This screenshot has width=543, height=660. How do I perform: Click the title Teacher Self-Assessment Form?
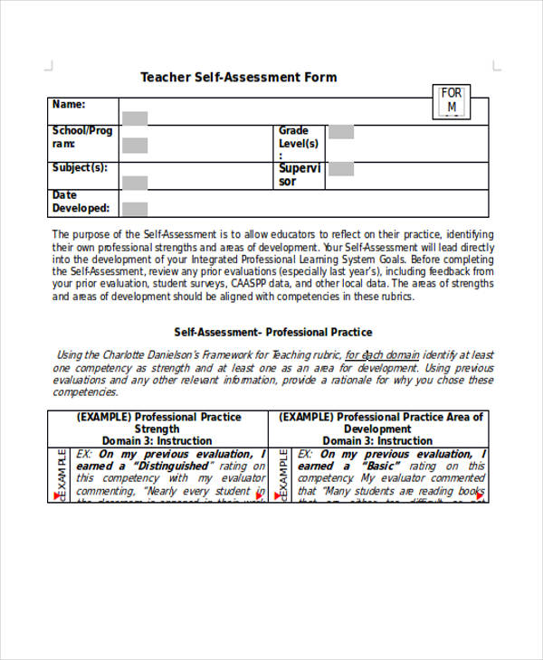click(x=238, y=78)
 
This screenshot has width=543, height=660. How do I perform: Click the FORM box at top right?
click(x=451, y=101)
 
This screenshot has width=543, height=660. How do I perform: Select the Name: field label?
click(x=69, y=105)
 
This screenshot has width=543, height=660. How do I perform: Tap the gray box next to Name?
click(x=135, y=118)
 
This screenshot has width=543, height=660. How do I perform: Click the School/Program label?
click(x=81, y=137)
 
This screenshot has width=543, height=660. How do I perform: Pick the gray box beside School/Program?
click(x=135, y=145)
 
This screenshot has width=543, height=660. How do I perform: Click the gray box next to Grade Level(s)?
click(x=341, y=132)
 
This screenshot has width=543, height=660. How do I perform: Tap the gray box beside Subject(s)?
click(x=135, y=183)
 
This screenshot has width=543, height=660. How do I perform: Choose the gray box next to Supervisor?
click(x=341, y=169)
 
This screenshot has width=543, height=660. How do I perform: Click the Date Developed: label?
click(x=81, y=202)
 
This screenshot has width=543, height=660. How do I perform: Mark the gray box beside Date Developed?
click(x=135, y=209)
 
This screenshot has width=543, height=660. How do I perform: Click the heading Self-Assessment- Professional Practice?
click(x=272, y=332)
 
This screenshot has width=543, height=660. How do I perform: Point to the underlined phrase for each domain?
click(x=382, y=355)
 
